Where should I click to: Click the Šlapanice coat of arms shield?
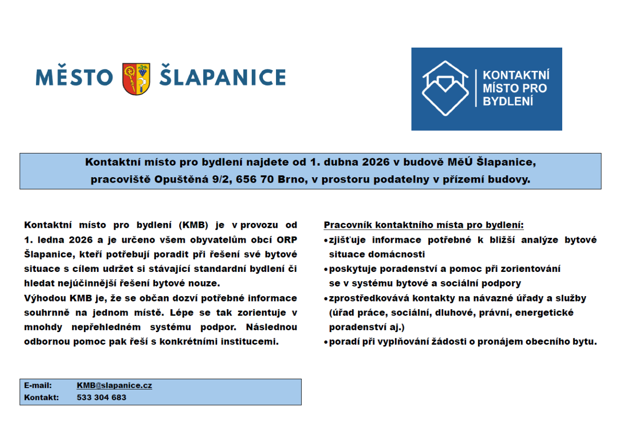click(136, 79)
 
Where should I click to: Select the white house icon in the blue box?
click(445, 88)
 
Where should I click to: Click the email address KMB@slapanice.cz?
click(114, 386)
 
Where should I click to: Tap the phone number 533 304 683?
click(102, 398)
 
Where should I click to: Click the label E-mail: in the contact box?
click(38, 386)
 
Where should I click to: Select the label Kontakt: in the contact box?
click(41, 398)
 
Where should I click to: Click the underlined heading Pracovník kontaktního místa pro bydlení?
click(424, 225)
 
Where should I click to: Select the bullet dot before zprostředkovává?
click(326, 299)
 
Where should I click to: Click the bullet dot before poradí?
click(326, 342)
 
